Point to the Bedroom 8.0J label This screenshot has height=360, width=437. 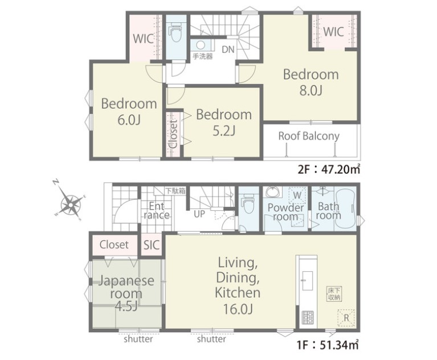click(x=311, y=83)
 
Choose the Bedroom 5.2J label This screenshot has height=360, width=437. click(x=224, y=122)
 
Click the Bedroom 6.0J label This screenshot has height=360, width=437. click(x=129, y=112)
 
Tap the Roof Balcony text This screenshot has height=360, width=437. click(x=309, y=136)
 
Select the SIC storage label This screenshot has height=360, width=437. click(x=152, y=245)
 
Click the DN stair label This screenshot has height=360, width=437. click(x=228, y=50)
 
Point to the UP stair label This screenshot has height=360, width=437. click(x=199, y=214)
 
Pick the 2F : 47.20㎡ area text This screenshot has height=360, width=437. click(x=329, y=169)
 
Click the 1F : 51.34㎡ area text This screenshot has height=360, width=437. click(x=328, y=345)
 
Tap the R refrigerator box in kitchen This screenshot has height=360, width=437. click(x=346, y=318)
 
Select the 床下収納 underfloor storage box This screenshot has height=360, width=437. click(x=334, y=294)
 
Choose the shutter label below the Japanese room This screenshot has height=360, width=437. click(x=138, y=339)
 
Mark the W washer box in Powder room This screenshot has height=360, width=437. click(x=297, y=195)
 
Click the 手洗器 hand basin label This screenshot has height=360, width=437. click(x=203, y=56)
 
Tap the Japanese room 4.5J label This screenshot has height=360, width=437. click(x=126, y=293)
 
